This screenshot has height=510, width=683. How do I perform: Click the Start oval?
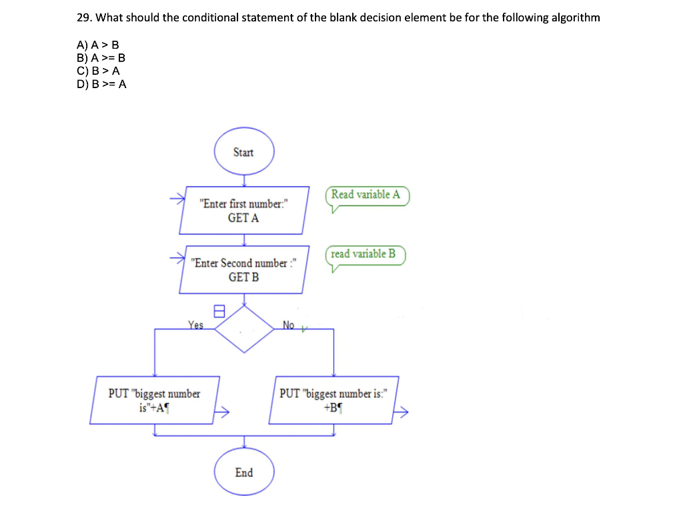coord(243,152)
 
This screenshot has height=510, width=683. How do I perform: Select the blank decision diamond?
coord(244,329)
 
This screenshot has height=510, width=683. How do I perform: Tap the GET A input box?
coord(244,210)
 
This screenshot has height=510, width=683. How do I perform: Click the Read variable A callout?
coord(366,195)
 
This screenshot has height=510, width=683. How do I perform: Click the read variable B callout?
coord(364,254)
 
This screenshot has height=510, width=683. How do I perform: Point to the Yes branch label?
coord(195,325)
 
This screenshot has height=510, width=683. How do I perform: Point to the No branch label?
coord(288,325)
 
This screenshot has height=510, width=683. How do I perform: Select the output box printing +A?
coord(155,400)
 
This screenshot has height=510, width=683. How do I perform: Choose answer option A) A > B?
coord(98,45)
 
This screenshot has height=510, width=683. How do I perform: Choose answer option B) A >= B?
coord(101,58)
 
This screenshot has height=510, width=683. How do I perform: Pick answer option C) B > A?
coord(98,71)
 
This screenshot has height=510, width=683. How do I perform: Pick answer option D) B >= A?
coord(101,83)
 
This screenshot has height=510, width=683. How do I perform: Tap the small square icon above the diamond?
coord(217,310)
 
